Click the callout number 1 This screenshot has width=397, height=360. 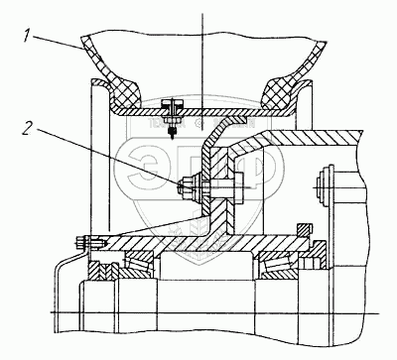click(27, 36)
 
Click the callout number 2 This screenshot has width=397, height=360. click(29, 128)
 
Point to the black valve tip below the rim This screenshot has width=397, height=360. click(172, 132)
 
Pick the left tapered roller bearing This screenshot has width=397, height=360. click(139, 264)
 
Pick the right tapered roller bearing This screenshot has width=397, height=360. click(277, 264)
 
